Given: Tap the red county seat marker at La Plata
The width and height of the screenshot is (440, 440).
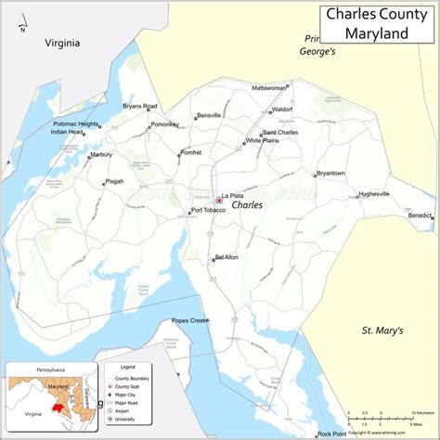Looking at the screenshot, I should (219, 199).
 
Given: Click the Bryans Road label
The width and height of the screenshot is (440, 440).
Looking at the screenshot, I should (140, 106).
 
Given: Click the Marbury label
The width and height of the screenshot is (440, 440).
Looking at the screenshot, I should (100, 155).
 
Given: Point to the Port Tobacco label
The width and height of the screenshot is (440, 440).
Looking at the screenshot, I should (208, 210).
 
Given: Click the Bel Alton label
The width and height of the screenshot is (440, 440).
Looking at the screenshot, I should (226, 257).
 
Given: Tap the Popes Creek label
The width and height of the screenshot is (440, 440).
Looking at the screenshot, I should (188, 321).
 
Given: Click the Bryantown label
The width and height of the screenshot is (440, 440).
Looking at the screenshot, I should (330, 174).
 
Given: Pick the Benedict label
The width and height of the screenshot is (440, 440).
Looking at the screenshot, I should (419, 215).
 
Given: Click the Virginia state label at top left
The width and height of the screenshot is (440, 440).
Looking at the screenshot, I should (62, 43).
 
